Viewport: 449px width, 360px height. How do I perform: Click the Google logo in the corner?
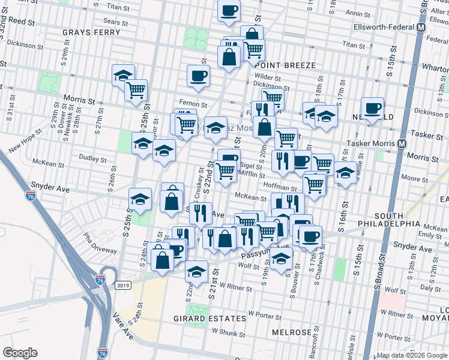click(x=19, y=352)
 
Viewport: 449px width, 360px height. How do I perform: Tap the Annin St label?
click(x=357, y=13)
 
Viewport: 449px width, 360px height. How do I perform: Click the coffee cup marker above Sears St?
click(x=228, y=11)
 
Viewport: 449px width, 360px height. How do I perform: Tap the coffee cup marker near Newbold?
click(x=372, y=107)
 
